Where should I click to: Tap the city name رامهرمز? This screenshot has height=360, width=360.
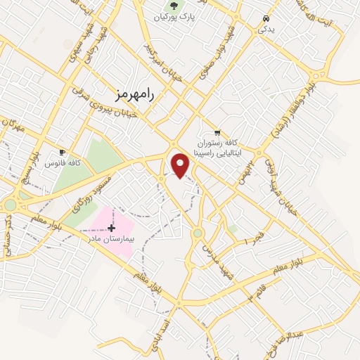tap(132, 93)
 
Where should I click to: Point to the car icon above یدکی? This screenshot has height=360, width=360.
tap(266, 18)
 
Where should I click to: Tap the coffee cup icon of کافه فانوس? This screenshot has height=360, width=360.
tap(63, 152)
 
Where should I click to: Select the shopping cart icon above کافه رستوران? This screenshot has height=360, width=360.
tap(217, 132)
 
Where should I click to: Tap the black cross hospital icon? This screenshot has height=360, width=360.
tap(111, 228)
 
